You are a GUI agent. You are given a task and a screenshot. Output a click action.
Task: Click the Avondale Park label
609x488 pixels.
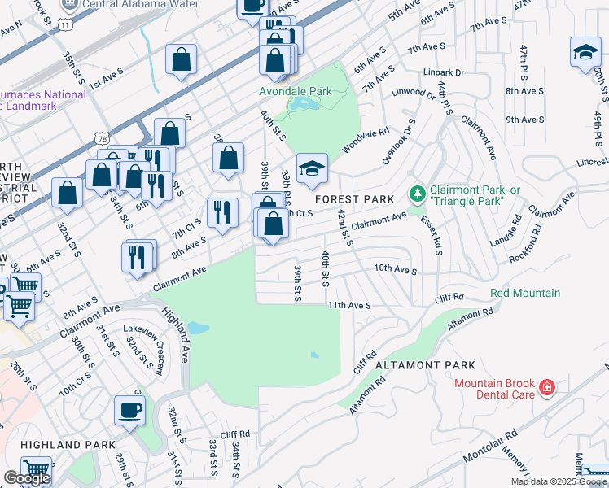point(296,91)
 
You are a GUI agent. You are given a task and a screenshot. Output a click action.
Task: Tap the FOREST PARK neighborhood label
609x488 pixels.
point(354,199)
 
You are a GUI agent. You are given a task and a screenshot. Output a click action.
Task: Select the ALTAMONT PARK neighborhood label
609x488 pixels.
point(425,366)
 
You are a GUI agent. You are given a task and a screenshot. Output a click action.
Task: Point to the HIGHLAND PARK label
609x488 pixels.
point(62,445)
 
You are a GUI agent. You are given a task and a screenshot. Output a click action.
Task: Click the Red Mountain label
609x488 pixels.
point(525,293)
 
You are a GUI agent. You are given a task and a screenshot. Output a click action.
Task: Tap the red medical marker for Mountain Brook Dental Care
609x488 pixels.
point(547,387)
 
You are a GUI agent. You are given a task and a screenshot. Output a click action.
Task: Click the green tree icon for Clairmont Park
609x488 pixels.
point(417,194)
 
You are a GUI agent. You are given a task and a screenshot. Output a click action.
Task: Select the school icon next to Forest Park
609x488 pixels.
point(312,168)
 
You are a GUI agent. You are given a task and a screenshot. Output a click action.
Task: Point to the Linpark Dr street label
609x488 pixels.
point(443,72)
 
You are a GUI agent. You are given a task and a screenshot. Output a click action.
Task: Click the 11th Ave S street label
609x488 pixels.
point(349,305)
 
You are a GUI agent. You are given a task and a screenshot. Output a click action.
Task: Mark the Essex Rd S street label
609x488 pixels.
point(432,235)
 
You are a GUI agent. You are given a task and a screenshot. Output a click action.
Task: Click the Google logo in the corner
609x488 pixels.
point(27,478)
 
